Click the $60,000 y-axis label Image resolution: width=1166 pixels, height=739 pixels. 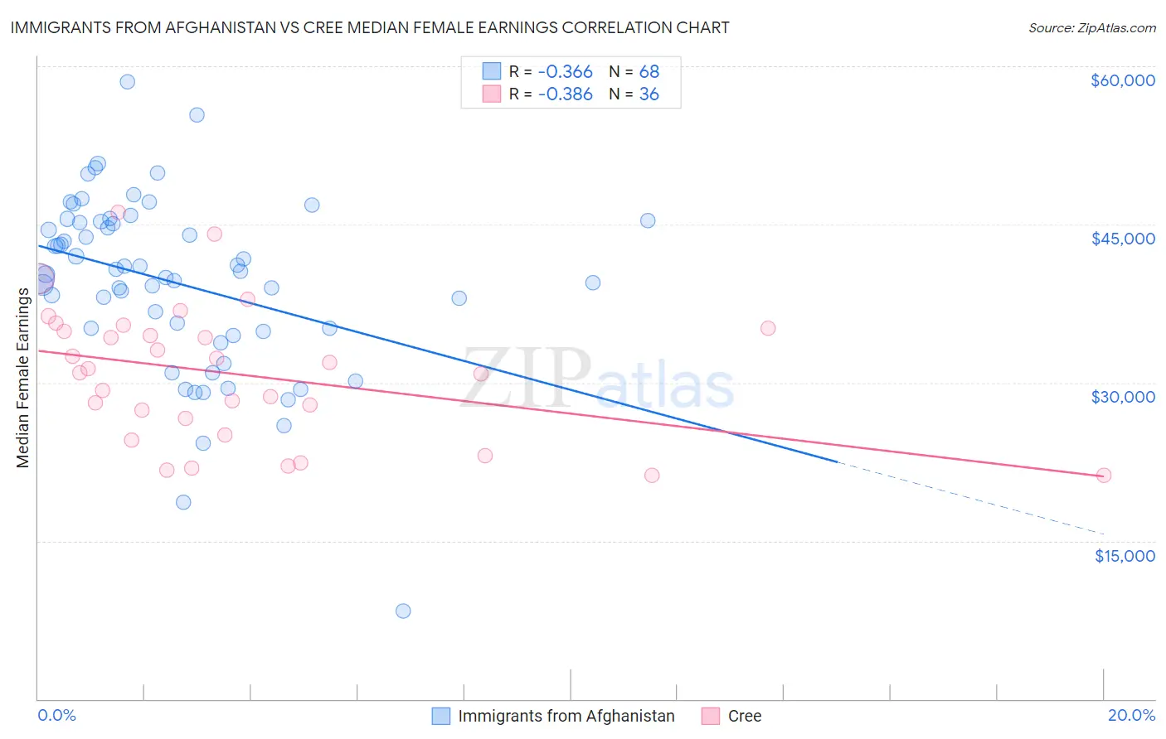click(1122, 80)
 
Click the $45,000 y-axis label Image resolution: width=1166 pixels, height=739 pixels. click(1122, 239)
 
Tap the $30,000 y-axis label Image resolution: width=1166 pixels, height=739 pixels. click(1122, 397)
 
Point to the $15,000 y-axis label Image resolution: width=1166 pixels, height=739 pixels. click(1125, 556)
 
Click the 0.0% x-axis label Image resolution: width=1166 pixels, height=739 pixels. click(56, 716)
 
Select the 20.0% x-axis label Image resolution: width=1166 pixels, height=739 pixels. click(1131, 716)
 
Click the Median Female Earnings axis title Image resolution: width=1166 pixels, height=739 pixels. click(23, 377)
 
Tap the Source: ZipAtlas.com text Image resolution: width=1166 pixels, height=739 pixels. click(1091, 28)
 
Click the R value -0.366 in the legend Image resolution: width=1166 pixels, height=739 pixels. click(565, 72)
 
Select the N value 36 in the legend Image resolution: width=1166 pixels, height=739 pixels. click(649, 94)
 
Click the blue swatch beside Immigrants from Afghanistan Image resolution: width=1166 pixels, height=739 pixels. click(441, 716)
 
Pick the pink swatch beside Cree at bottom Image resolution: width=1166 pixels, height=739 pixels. click(711, 716)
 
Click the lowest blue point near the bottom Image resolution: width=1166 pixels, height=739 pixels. click(403, 611)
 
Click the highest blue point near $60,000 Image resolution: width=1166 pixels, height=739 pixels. click(127, 81)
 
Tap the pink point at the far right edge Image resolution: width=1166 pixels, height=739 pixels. click(1103, 476)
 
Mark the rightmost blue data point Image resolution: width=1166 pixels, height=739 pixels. click(648, 220)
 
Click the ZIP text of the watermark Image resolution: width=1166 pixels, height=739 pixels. click(526, 377)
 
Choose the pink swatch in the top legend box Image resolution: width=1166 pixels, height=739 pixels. click(492, 94)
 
